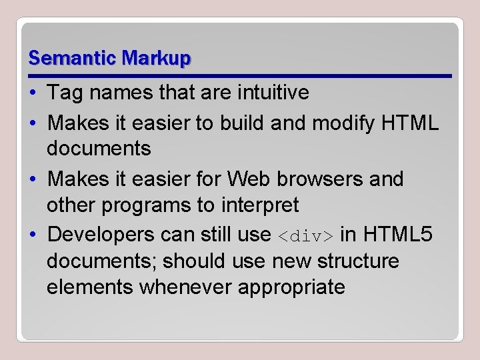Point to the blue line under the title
240,75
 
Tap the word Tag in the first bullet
64,93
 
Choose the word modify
354,122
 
